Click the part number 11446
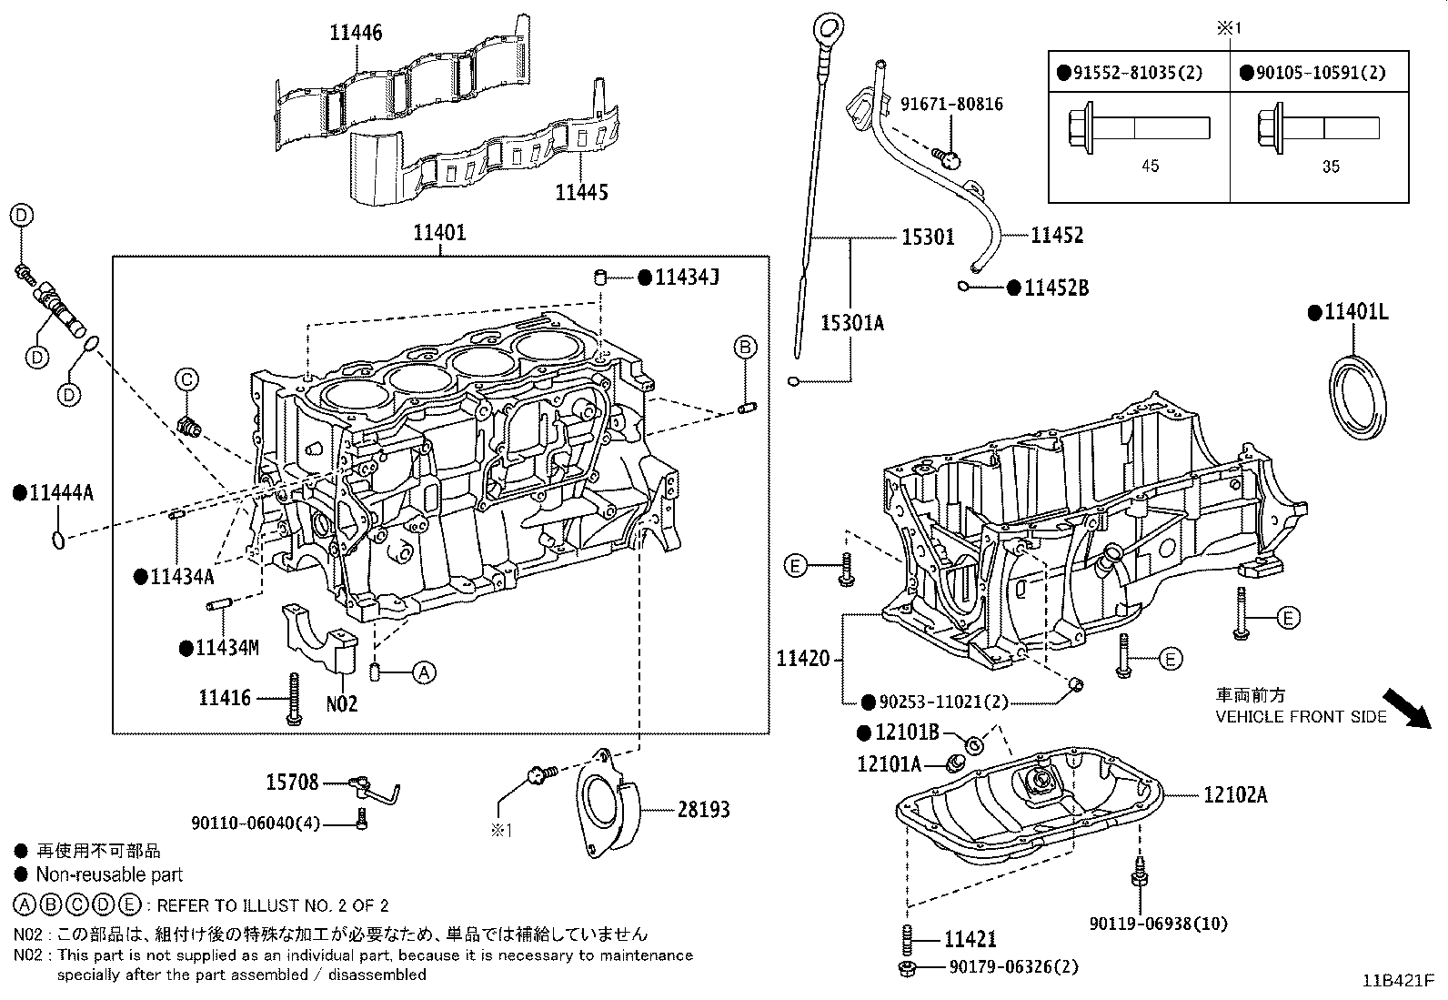(x=356, y=34)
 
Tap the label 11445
(x=582, y=192)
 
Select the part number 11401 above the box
(x=439, y=233)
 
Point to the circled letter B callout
(x=745, y=347)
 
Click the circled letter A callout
(x=423, y=673)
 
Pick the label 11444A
(x=54, y=493)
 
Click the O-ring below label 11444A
(x=58, y=540)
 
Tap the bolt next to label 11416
(x=293, y=699)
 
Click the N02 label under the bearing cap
(x=342, y=703)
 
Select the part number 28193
(x=703, y=809)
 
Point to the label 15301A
(x=852, y=323)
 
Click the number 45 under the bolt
(x=1150, y=166)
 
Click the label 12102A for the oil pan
(x=1234, y=795)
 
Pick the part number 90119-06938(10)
(x=1158, y=924)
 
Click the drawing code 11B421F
(x=1397, y=982)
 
